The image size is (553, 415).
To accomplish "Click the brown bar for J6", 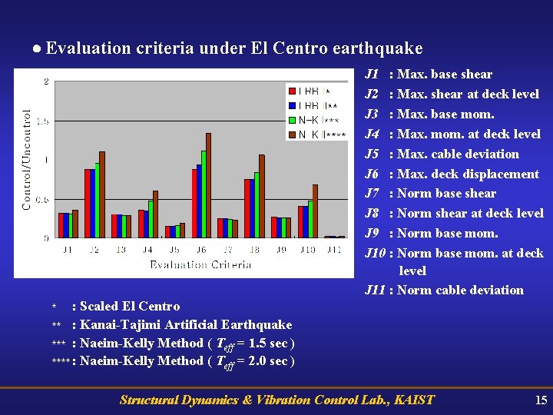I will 208,185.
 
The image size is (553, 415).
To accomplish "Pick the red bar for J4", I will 141,224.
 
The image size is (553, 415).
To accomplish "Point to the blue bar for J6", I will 199,201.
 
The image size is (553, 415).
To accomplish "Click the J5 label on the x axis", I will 175,250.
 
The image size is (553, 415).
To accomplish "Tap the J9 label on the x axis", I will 281,250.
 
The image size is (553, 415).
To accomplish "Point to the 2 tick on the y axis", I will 47,81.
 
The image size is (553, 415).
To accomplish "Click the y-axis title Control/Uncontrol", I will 27,158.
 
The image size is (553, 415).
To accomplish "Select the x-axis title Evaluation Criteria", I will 200,264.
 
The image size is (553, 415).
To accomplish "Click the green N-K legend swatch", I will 293,120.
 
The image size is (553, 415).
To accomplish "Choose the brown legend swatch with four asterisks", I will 293,135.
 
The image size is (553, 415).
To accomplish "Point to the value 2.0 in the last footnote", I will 257,360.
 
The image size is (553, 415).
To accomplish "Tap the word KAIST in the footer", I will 413,400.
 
